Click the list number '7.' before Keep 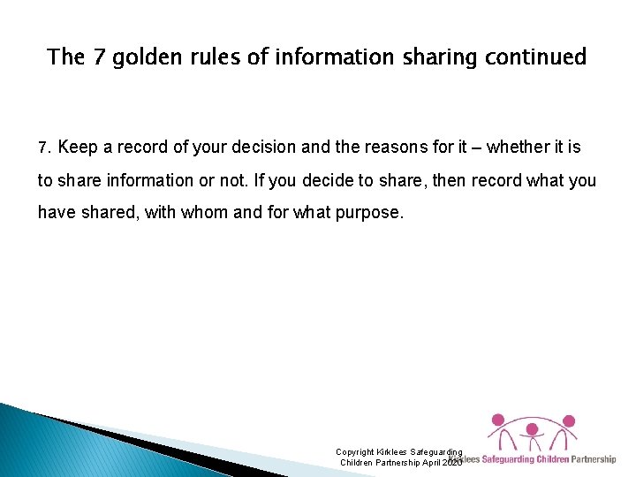click(x=44, y=148)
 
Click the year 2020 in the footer click(x=451, y=463)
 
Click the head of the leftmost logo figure click(x=497, y=420)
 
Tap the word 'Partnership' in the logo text click(x=593, y=459)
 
